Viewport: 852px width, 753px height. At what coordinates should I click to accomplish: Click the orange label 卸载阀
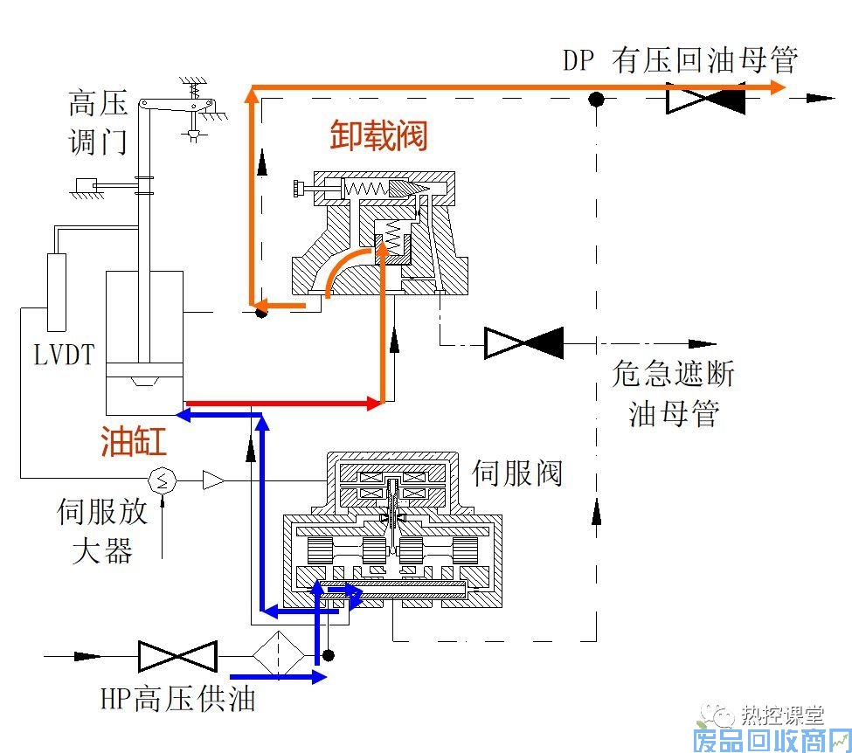coord(378,136)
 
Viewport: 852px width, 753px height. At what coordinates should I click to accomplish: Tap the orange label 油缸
coord(134,441)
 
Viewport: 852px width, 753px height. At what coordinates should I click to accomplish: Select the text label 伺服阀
coord(517,473)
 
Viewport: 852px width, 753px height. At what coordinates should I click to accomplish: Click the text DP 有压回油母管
coord(680,61)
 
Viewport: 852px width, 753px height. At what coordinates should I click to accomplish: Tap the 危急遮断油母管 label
coord(672,393)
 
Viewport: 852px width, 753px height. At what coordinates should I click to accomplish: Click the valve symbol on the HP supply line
coord(177,655)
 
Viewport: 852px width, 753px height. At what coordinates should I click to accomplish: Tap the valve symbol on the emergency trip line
coord(524,342)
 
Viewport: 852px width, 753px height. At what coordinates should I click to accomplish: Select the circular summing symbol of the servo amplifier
coord(163,479)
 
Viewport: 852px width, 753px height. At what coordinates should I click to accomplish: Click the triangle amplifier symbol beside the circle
coord(212,479)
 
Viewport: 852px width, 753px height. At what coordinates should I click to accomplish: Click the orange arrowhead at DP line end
coord(777,86)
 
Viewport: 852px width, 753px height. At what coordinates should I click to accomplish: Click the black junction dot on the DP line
coord(596,100)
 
